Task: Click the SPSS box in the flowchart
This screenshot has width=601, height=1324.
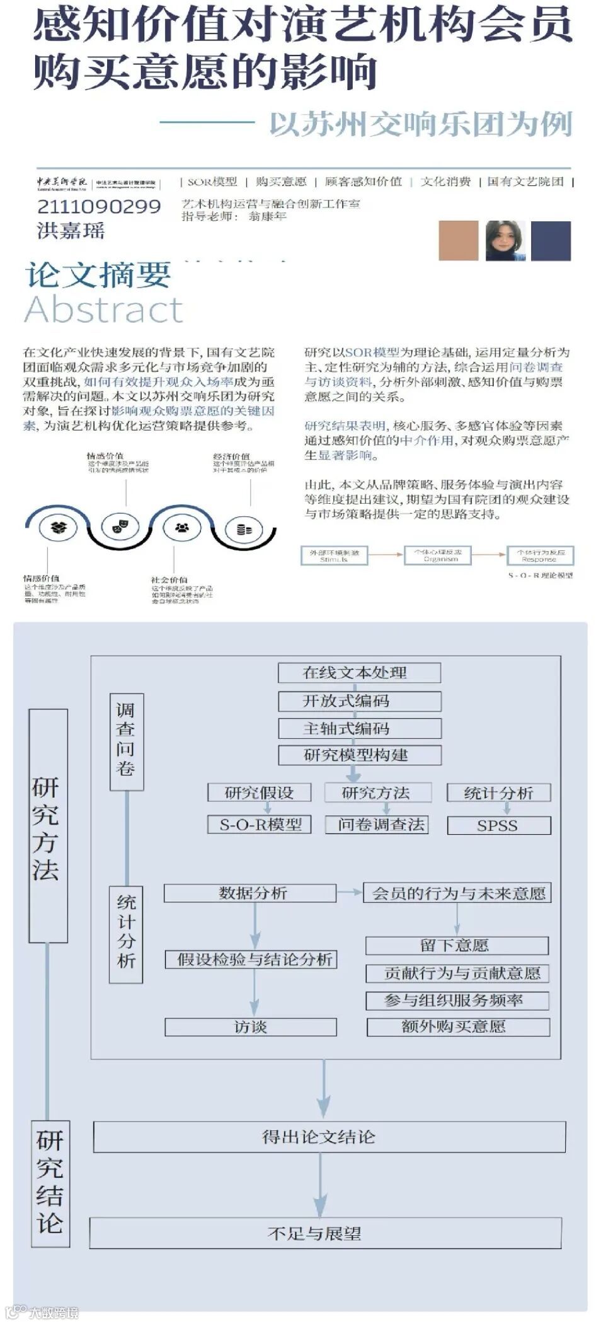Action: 498,825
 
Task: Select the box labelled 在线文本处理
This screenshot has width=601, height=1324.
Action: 359,673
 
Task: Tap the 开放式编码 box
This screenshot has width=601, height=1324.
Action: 359,701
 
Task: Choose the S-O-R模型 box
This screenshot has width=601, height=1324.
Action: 260,825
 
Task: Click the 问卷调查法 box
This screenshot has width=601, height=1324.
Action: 377,825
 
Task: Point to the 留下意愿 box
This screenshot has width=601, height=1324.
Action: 457,945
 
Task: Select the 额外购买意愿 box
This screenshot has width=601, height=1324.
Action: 458,1027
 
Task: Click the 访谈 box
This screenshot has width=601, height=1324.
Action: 250,1027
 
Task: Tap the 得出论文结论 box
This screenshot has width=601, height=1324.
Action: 329,1137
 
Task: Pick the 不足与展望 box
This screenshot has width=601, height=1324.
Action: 325,1233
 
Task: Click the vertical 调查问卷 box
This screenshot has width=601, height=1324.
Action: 127,741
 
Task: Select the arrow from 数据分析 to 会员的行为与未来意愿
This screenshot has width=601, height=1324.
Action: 350,893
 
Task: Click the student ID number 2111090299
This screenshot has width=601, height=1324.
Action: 99,206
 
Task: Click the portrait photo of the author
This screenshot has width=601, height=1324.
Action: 505,240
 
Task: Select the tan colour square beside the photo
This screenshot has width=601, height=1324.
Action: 458,240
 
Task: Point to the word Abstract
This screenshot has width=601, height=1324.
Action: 104,310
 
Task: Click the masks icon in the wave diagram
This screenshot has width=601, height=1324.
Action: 120,526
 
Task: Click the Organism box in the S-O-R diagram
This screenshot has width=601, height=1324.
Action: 440,555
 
